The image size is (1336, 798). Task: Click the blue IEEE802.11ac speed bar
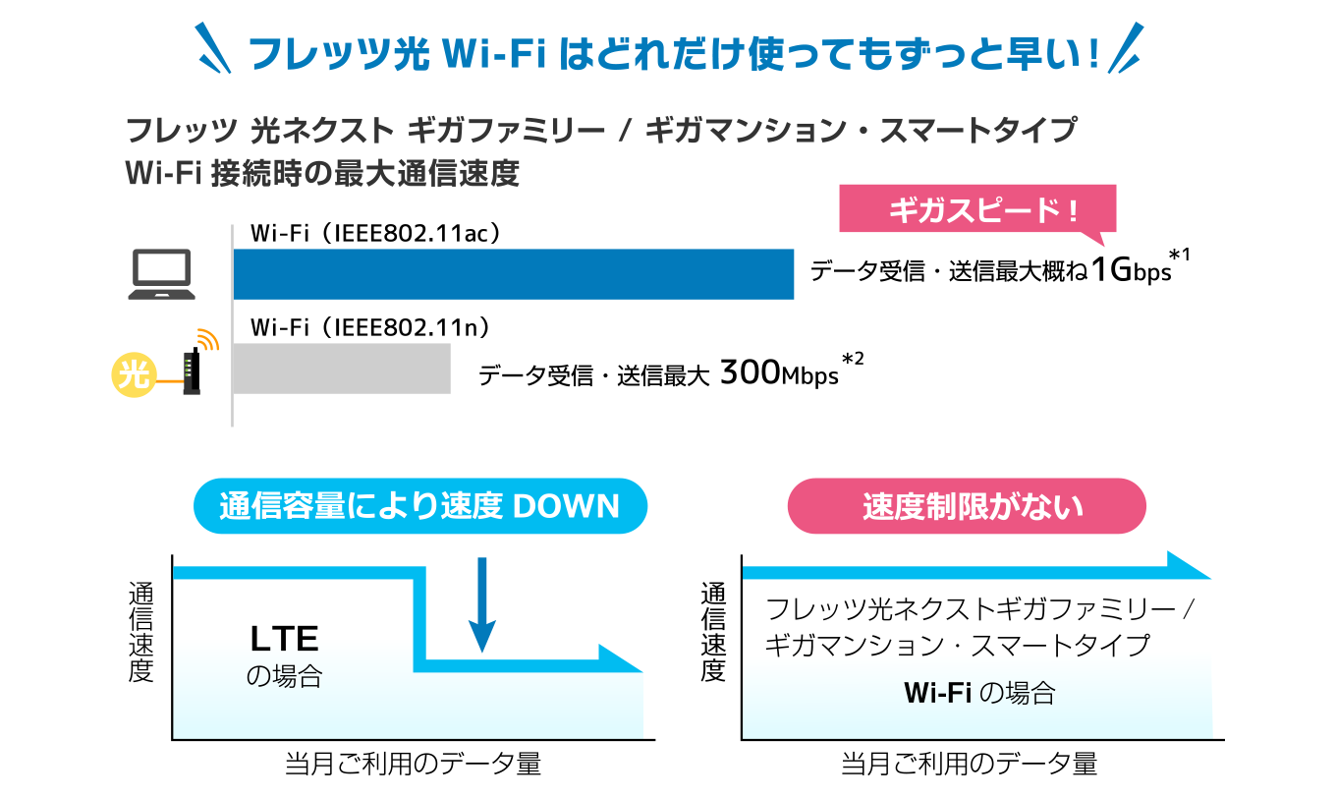(x=514, y=274)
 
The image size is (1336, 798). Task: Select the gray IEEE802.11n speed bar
(x=342, y=369)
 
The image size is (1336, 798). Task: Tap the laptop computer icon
(x=162, y=274)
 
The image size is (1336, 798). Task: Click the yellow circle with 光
(x=135, y=374)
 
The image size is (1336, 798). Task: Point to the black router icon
(x=193, y=371)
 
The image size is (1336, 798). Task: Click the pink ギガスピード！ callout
(x=977, y=210)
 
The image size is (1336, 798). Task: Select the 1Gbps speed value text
(x=1132, y=270)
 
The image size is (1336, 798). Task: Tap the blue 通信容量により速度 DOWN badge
(x=420, y=506)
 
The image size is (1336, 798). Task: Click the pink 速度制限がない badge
(x=967, y=506)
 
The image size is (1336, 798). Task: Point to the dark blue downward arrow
(x=482, y=604)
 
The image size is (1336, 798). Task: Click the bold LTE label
(x=285, y=639)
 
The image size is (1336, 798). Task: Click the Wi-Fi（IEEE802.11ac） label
(x=375, y=233)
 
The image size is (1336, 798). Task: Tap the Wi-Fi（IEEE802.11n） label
(x=369, y=327)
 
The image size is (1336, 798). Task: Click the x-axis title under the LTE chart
(x=413, y=764)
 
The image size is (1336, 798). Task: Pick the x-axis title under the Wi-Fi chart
(x=970, y=764)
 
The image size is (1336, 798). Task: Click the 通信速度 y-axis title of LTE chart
(x=141, y=633)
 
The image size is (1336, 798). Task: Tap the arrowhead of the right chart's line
(x=1188, y=565)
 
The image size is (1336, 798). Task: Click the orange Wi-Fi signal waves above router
(x=208, y=339)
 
